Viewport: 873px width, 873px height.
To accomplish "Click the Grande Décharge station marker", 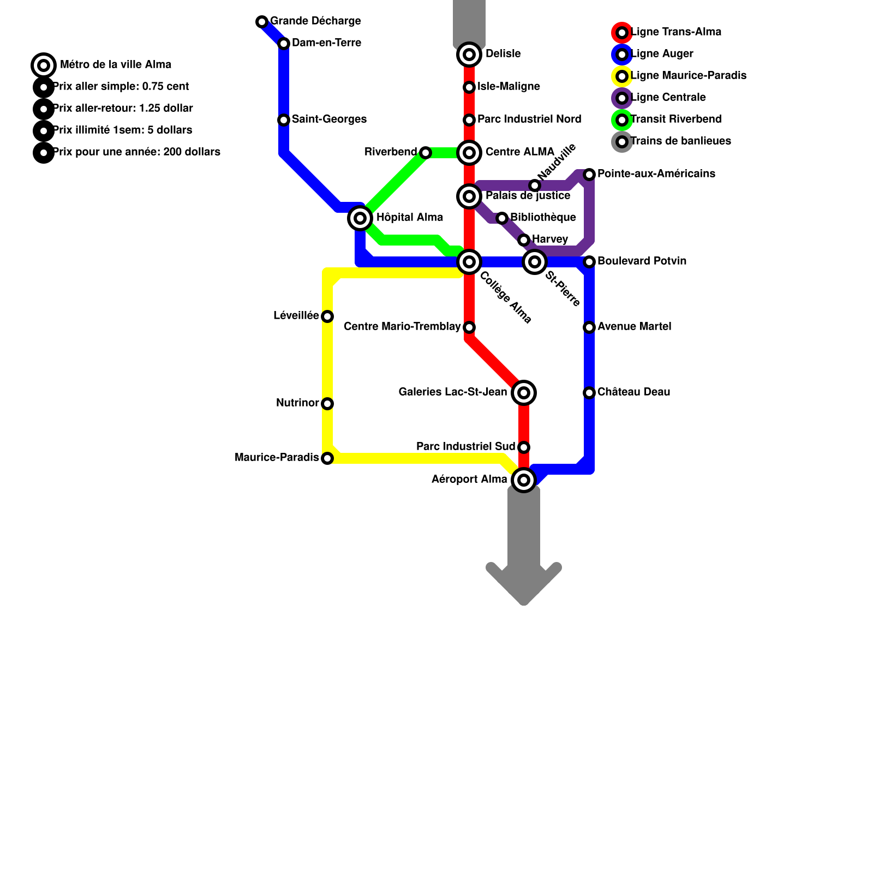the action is click(262, 22).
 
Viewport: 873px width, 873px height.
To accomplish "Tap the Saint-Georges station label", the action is click(329, 119).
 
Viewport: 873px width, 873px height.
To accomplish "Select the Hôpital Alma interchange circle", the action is click(360, 218).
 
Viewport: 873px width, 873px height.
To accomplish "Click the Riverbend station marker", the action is click(426, 153).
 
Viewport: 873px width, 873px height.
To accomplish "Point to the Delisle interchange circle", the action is click(469, 55).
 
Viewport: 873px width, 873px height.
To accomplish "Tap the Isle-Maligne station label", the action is click(509, 87).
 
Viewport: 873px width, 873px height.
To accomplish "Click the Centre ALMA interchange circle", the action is click(469, 153).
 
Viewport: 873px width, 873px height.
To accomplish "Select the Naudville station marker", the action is click(535, 186).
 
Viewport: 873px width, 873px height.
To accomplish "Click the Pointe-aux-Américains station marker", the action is click(589, 175).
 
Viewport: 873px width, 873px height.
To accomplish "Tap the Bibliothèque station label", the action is click(543, 218).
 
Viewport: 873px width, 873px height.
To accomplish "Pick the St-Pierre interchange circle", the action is click(535, 262).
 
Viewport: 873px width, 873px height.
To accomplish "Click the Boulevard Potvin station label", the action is click(642, 261).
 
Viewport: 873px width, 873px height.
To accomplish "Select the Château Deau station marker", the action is click(589, 393).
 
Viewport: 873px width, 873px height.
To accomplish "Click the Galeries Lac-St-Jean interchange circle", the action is click(524, 393).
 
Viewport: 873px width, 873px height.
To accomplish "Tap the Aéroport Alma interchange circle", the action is click(524, 480).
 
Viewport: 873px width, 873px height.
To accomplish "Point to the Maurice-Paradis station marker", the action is click(327, 458).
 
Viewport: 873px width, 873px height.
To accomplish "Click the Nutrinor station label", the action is click(297, 403).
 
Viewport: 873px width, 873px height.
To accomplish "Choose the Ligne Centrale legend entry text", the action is click(668, 98).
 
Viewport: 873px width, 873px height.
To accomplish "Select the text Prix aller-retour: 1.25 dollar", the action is click(123, 109).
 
